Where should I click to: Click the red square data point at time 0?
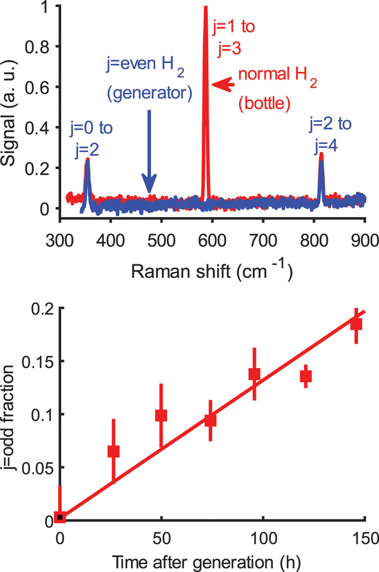[x=61, y=518]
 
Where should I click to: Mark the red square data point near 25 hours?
[x=113, y=451]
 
